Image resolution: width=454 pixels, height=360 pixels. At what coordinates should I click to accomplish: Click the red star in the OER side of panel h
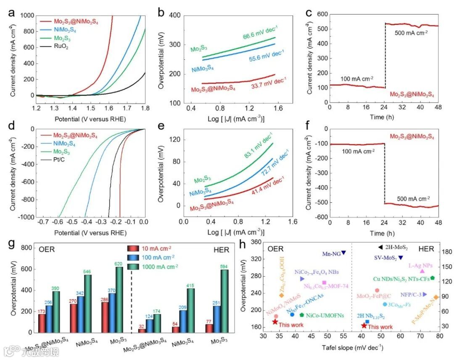point(275,322)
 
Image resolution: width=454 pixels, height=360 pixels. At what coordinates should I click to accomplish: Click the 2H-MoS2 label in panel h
point(396,248)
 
